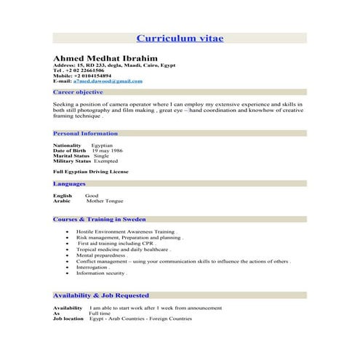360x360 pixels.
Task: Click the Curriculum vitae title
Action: pyautogui.click(x=180, y=38)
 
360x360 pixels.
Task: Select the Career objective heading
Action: pyautogui.click(x=79, y=93)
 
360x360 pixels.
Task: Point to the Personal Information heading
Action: pyautogui.click(x=86, y=134)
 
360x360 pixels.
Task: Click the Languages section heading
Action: pyautogui.click(x=70, y=184)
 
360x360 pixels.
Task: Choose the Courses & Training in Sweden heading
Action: pyautogui.click(x=100, y=219)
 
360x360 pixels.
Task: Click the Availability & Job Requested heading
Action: pyautogui.click(x=101, y=296)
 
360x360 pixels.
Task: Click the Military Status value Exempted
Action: pyautogui.click(x=107, y=161)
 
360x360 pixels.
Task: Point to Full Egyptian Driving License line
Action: pyautogui.click(x=91, y=172)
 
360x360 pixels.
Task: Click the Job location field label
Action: pyautogui.click(x=68, y=319)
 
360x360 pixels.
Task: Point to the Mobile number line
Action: pyautogui.click(x=82, y=76)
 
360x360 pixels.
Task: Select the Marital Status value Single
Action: pyautogui.click(x=102, y=156)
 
